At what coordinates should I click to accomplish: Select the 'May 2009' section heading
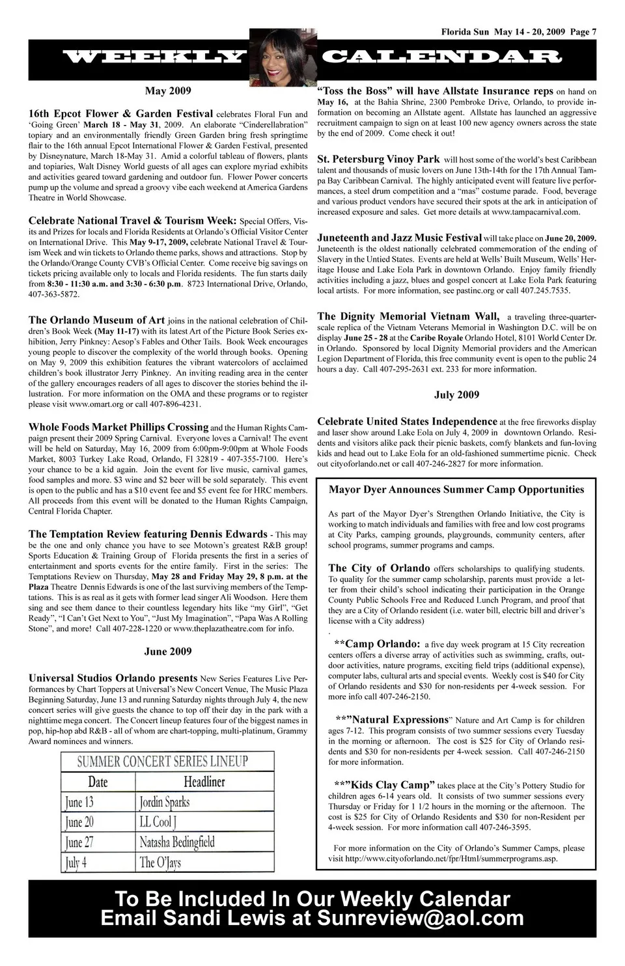[x=168, y=90]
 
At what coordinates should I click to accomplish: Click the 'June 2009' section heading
[x=168, y=651]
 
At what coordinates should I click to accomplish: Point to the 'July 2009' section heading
[x=456, y=394]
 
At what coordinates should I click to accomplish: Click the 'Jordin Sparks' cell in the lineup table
[x=164, y=801]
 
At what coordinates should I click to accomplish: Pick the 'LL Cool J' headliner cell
[x=158, y=821]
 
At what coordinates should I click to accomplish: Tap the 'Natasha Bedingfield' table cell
[x=177, y=842]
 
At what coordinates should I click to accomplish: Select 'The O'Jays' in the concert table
[x=160, y=862]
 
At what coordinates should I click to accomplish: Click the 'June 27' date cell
[x=79, y=842]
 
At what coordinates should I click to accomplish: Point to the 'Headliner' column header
[x=204, y=782]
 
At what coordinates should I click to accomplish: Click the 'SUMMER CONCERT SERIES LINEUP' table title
[x=162, y=761]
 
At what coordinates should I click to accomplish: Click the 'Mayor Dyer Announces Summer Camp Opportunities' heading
[x=456, y=490]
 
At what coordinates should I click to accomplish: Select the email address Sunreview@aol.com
[x=421, y=918]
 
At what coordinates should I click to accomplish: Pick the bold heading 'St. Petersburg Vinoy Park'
[x=378, y=159]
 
